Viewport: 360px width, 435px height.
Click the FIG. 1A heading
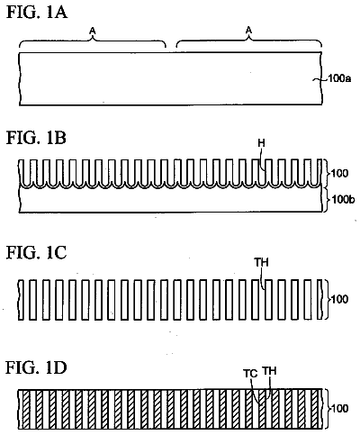pos(37,13)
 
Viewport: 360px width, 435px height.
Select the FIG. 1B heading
pos(36,138)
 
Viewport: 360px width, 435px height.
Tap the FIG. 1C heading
pos(36,252)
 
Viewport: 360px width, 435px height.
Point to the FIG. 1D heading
pos(36,367)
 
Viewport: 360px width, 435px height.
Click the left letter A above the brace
pos(93,30)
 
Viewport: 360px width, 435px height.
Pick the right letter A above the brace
pos(248,30)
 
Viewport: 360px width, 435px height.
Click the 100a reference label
pos(339,78)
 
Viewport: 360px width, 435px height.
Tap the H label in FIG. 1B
pos(262,143)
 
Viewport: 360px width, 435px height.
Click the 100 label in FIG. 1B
pos(339,173)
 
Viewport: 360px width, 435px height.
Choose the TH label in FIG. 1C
pos(262,263)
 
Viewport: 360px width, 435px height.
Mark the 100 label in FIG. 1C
pos(339,299)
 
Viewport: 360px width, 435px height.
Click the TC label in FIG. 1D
pos(250,374)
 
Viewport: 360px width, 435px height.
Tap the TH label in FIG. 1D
pos(269,371)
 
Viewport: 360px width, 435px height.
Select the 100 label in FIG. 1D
pos(339,408)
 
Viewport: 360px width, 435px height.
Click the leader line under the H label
pos(263,159)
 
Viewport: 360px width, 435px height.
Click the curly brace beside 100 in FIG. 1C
pos(327,299)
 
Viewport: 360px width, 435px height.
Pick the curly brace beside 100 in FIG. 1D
pos(327,408)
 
